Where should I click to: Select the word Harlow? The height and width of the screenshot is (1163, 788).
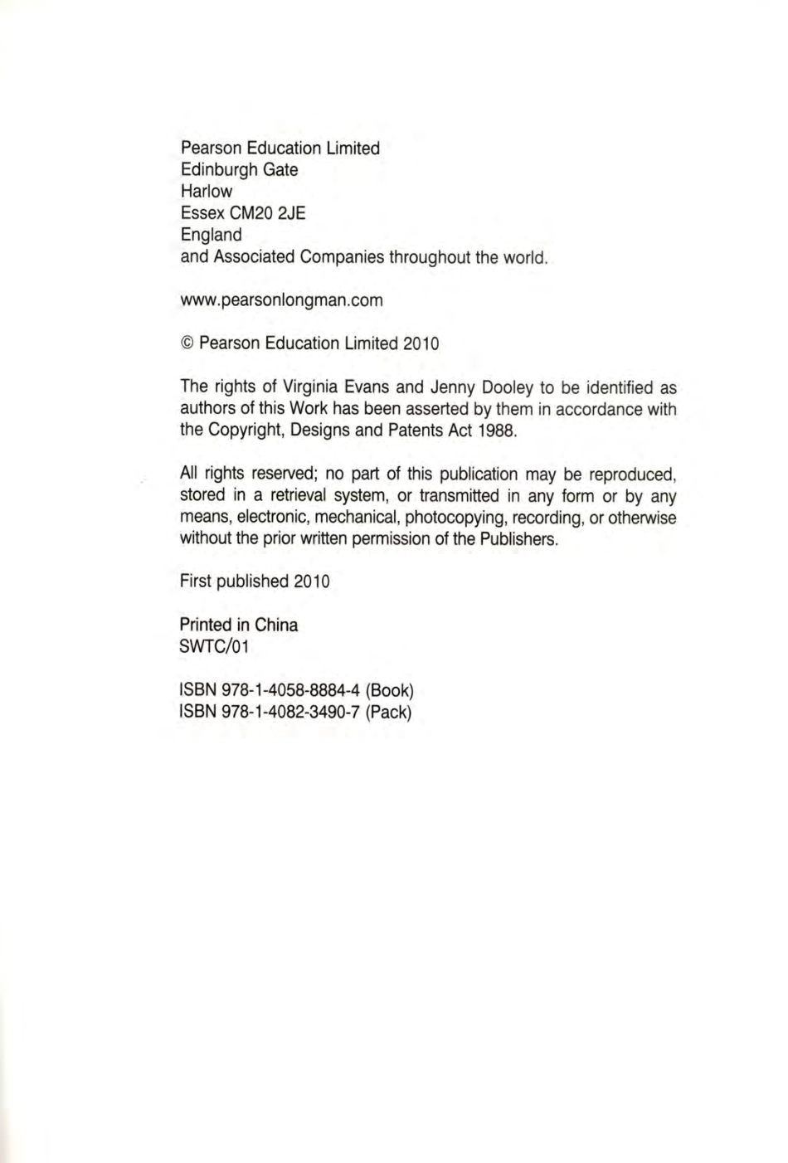point(207,192)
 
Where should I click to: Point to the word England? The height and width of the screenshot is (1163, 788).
point(211,235)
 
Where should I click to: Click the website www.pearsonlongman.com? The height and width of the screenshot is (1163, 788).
point(281,300)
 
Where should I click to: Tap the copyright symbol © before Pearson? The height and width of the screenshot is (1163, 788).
point(187,343)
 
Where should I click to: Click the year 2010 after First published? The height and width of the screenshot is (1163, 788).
point(311,581)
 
